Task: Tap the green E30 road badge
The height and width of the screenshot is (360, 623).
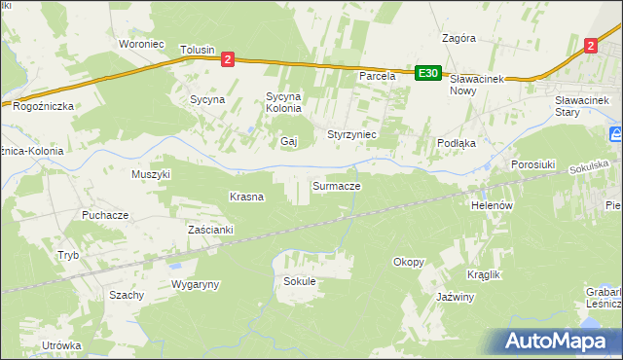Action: coord(428,73)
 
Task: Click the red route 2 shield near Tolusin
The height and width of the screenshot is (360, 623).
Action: coord(227,59)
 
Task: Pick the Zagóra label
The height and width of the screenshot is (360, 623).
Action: coord(458,39)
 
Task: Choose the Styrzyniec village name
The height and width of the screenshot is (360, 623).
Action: coord(351,133)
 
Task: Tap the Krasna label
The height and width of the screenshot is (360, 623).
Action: coord(246,197)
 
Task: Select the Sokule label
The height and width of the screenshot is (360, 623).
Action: coord(299,281)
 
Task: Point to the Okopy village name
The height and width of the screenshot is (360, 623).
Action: coord(408,262)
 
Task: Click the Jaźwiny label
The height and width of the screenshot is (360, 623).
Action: coord(455,297)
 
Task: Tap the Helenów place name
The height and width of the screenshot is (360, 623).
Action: coord(492,206)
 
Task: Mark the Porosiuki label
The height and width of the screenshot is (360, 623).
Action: coord(532,165)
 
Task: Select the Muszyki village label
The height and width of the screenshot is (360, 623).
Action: coord(151,175)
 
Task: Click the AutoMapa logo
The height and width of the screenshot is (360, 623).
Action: coord(555,342)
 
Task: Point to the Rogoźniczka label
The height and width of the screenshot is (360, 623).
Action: coord(38,108)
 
